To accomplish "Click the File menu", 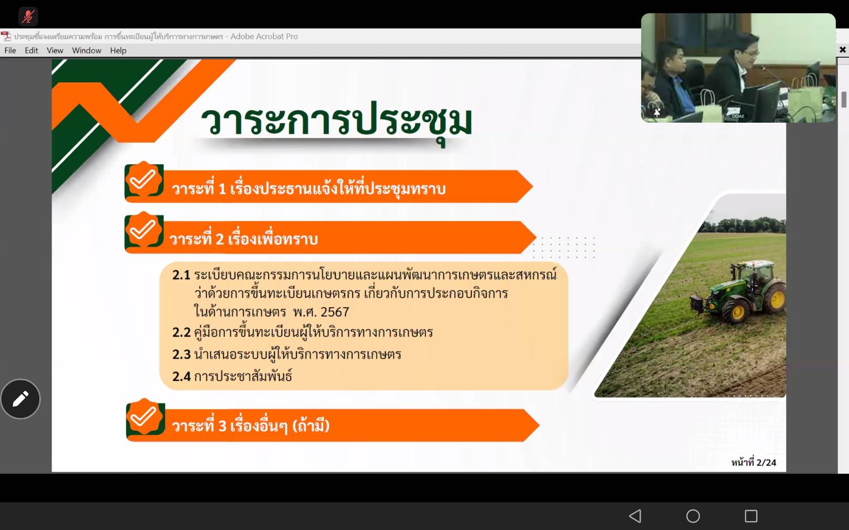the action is point(10,50).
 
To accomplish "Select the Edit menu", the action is point(31,50).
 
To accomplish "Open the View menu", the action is point(55,50).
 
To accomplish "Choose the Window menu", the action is point(87,50).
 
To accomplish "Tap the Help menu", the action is point(118,50).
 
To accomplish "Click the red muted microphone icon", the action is point(28,16).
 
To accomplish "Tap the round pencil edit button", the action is point(20,398).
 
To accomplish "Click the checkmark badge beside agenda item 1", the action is point(144,180).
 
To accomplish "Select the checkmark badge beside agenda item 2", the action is point(144,231).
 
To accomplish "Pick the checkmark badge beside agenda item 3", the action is point(145,418).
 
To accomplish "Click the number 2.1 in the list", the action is point(181,275).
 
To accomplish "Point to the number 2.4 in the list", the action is point(181,376).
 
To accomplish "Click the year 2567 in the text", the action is point(335,312).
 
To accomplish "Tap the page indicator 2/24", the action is point(766,462).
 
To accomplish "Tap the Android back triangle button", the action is point(635,516).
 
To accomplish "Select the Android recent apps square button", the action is point(751,516).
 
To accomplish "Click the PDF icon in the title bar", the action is point(6,36).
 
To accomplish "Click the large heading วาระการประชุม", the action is point(336,122).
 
